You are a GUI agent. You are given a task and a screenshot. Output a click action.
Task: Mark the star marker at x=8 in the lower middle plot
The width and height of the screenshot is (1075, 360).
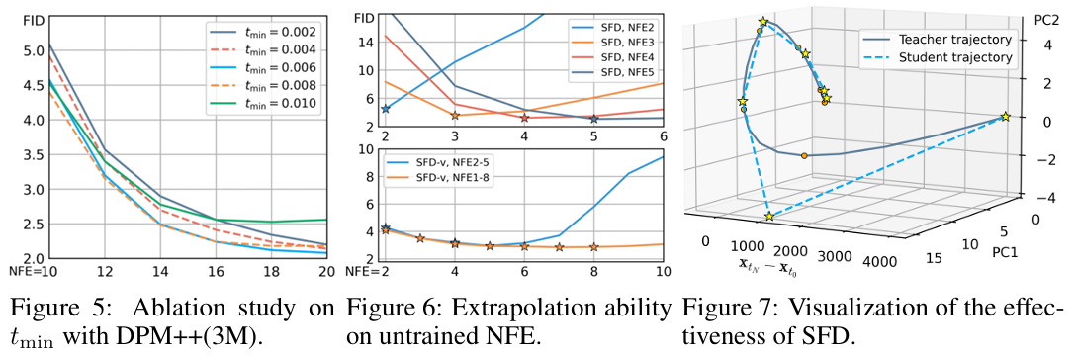(x=593, y=247)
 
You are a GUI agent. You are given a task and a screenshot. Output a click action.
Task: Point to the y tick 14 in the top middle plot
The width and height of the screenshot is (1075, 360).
(x=364, y=43)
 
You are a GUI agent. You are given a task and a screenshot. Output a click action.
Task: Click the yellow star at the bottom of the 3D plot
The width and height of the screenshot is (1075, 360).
(x=768, y=216)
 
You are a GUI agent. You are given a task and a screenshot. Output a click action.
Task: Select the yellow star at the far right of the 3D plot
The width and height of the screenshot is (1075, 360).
(x=1005, y=117)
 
